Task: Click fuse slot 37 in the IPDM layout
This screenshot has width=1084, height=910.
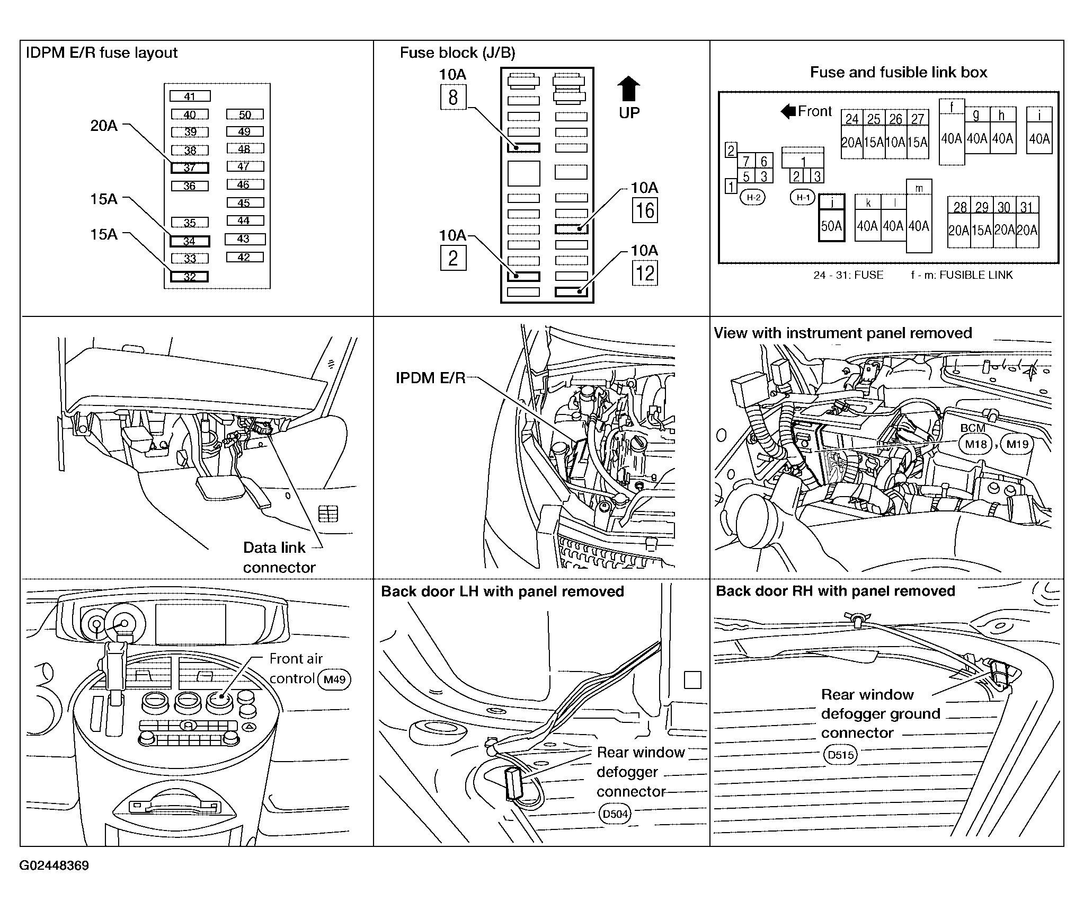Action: pyautogui.click(x=190, y=168)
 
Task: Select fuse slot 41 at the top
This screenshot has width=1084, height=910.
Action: pyautogui.click(x=190, y=96)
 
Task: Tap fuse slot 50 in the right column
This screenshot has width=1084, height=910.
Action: pyautogui.click(x=245, y=114)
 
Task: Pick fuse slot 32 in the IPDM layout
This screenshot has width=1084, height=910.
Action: pyautogui.click(x=189, y=276)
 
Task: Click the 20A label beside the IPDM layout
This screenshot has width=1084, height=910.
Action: pyautogui.click(x=104, y=126)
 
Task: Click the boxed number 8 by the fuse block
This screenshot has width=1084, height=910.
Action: pyautogui.click(x=453, y=98)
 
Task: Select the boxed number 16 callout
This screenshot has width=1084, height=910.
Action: pyautogui.click(x=645, y=210)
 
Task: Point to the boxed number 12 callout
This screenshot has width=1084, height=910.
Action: pyautogui.click(x=645, y=273)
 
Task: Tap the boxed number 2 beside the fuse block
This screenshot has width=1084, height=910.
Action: pyautogui.click(x=453, y=258)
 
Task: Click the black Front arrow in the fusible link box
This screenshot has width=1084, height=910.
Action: pyautogui.click(x=788, y=111)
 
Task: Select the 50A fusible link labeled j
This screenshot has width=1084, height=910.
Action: pyautogui.click(x=832, y=217)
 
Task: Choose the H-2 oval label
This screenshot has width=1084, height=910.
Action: pyautogui.click(x=753, y=198)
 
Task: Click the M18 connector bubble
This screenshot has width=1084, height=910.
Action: pyautogui.click(x=975, y=444)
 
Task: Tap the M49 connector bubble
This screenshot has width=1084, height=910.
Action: pyautogui.click(x=334, y=679)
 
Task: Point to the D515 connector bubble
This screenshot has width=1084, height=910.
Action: pyautogui.click(x=841, y=755)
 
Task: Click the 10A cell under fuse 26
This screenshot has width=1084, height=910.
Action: pyautogui.click(x=895, y=142)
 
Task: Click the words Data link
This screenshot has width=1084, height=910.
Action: pyautogui.click(x=274, y=547)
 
